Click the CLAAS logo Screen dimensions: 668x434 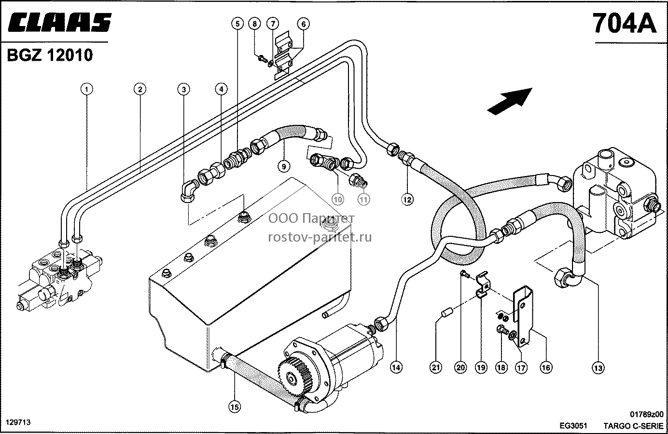[x=60, y=22]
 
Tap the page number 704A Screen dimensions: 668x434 [x=625, y=23]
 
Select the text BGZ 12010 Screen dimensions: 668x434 [x=50, y=55]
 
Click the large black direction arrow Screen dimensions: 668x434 [x=510, y=101]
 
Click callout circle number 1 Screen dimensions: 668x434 [x=87, y=89]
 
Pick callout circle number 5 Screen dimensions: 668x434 [x=237, y=23]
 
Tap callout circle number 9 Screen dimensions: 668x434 [x=284, y=166]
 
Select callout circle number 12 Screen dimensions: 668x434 [x=407, y=199]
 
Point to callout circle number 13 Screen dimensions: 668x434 [x=598, y=368]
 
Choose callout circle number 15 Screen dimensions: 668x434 [x=235, y=407]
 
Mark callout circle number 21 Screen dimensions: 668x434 [x=436, y=367]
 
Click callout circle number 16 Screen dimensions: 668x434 [x=546, y=367]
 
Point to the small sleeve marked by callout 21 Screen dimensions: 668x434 [x=447, y=313]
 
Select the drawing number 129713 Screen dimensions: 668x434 [x=18, y=422]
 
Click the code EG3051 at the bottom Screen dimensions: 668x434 [x=573, y=426]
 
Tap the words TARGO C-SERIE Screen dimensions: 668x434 [x=633, y=426]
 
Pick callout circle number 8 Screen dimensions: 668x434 [x=254, y=23]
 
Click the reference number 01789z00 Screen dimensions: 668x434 [x=647, y=414]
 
